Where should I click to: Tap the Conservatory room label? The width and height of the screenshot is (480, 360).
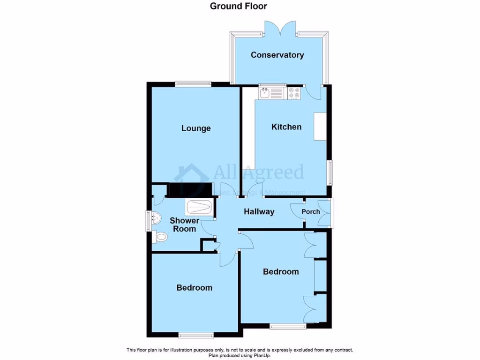point(277,55)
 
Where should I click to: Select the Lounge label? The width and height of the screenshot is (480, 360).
point(196,128)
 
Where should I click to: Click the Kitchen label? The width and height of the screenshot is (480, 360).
point(286,127)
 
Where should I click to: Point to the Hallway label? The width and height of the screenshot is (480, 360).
point(259,211)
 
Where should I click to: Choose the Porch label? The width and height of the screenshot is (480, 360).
point(310,211)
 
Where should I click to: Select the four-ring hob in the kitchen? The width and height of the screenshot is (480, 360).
point(294,93)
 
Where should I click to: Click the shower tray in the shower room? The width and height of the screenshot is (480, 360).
point(200,206)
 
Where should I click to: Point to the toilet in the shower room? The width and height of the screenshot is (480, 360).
point(160,237)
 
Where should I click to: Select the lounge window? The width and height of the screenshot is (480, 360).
point(193,84)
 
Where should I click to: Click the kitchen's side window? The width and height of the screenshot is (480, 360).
point(330,172)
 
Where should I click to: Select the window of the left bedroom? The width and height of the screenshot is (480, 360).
point(195,335)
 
